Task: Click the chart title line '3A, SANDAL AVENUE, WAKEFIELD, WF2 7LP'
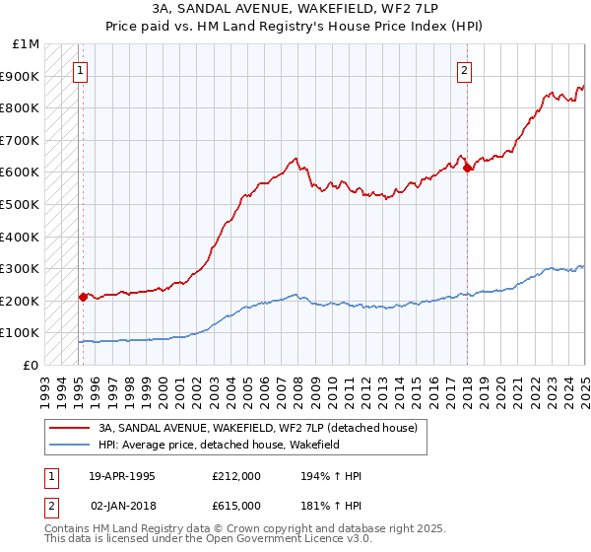tap(295, 9)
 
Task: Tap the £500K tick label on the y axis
tap(21, 204)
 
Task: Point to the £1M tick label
tap(27, 44)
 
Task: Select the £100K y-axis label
tap(21, 333)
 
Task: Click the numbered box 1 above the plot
tap(80, 70)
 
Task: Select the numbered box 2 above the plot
tap(464, 70)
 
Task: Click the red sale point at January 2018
tap(467, 168)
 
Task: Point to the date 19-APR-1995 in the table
tap(121, 476)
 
